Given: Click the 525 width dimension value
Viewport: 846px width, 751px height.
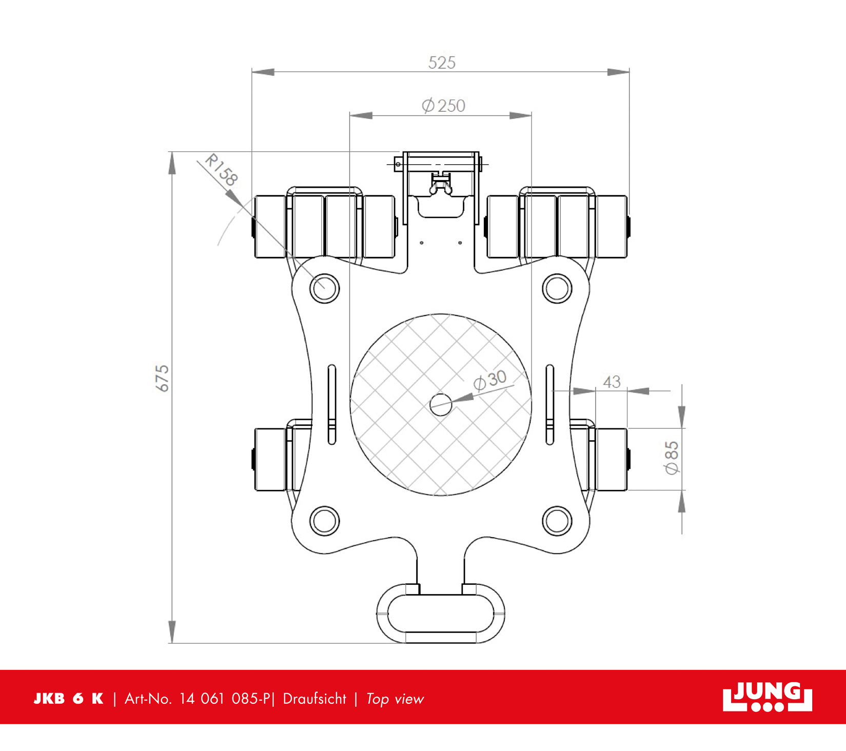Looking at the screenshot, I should coord(442,63).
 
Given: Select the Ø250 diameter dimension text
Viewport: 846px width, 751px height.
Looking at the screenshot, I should coord(443,106).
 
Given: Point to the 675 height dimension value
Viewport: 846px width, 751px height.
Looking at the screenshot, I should coord(162,379).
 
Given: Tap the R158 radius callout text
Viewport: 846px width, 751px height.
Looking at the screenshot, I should coord(221,170).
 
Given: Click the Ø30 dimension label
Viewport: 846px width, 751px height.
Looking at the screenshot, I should coord(489,380).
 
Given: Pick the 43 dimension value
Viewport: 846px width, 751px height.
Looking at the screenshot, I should coord(612,382).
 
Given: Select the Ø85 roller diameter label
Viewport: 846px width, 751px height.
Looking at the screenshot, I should coord(672,458).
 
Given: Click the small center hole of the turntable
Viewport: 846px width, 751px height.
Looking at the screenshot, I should coord(441,405).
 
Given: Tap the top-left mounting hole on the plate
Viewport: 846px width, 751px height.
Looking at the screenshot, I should coord(325,288).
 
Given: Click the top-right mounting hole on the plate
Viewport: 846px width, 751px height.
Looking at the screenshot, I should coord(557,288).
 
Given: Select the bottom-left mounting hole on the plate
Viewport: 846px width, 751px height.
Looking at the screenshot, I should coord(325,521).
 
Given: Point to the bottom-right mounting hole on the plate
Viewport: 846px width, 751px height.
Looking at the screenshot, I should coord(557,521).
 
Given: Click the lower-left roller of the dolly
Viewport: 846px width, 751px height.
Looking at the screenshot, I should coord(270,459).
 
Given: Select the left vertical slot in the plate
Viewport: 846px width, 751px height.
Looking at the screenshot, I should coord(332,404).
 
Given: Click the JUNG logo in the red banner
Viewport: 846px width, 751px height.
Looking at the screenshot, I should coord(767,697).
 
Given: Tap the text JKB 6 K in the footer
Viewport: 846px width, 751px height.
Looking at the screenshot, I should coord(68,699).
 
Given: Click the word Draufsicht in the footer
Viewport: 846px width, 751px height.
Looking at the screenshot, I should coord(314,699).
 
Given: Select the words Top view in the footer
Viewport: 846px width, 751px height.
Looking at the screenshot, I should coord(395,699).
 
